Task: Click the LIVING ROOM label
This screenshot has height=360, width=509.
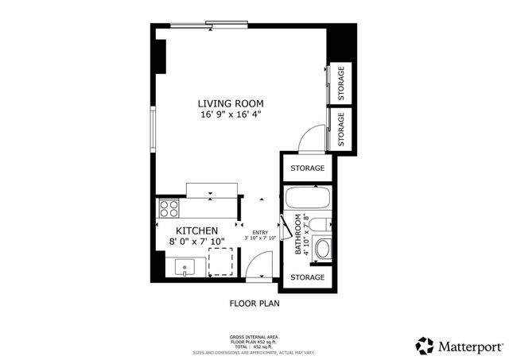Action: (x=230, y=103)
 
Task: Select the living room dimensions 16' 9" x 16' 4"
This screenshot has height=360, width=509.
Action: (x=230, y=115)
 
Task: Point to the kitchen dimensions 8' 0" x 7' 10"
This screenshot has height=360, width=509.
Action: (x=196, y=241)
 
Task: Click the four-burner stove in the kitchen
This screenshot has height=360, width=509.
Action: (x=169, y=209)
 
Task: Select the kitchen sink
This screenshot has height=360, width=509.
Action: (x=186, y=266)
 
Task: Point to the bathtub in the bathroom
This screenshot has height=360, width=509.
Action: (x=306, y=199)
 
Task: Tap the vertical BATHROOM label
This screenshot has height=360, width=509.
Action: (x=300, y=234)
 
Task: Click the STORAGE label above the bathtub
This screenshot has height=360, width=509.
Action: (x=307, y=168)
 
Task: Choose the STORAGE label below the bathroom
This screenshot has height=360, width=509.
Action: (x=307, y=277)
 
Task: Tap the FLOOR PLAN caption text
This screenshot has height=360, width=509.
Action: (x=254, y=303)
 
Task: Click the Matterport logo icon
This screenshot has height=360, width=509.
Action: (x=425, y=346)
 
